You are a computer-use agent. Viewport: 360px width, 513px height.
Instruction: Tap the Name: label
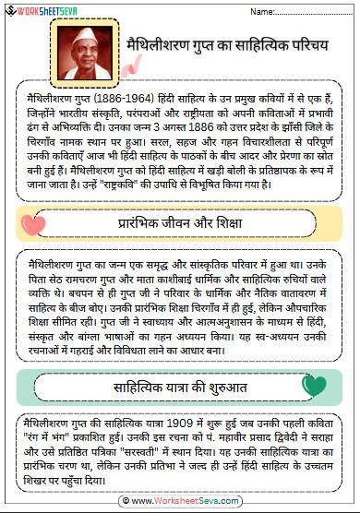pos(264,12)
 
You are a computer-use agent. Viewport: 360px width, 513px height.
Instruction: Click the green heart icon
pos(314,386)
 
